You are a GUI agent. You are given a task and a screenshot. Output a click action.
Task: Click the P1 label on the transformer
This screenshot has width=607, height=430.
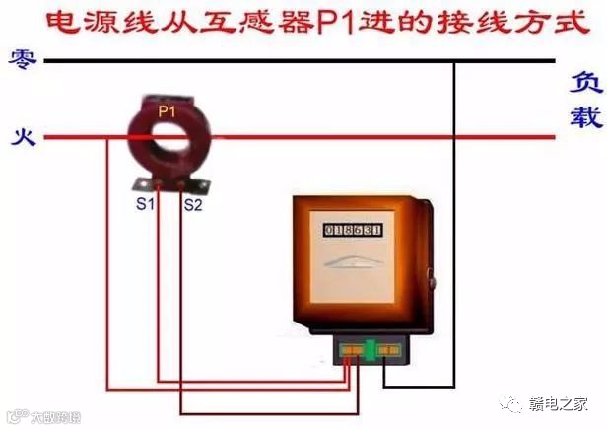point(168,113)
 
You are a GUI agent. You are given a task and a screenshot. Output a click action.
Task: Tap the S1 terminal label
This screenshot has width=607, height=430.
point(145,204)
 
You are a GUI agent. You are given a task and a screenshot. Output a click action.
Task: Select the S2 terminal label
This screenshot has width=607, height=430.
point(193,205)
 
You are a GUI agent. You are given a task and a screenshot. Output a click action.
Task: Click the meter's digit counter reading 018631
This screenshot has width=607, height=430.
point(353,230)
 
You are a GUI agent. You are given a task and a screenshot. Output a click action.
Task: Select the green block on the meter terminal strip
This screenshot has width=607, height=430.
point(371,348)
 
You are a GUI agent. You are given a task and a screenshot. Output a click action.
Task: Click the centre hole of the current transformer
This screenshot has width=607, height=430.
point(168,138)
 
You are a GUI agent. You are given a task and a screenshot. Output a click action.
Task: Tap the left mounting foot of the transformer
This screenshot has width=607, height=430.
point(142,185)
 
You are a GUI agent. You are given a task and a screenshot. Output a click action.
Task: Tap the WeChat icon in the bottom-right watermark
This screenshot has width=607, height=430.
point(511,403)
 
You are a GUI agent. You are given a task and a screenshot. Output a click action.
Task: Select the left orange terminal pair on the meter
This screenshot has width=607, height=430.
point(351,348)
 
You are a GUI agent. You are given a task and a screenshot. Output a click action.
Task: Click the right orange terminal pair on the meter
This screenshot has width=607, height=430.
point(390,348)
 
